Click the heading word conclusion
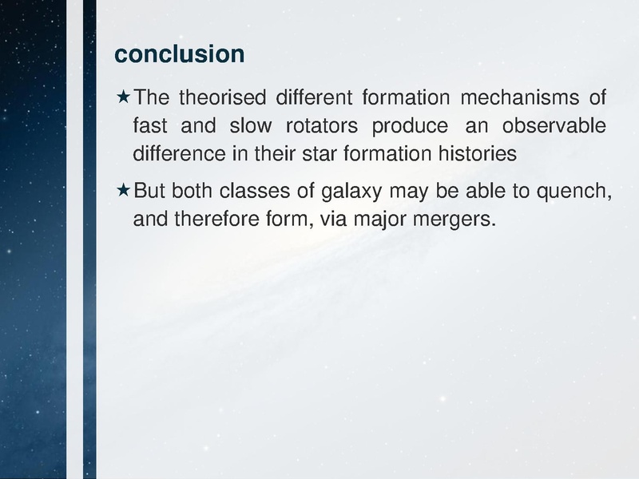[179, 53]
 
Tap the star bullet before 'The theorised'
[123, 98]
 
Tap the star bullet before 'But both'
[123, 191]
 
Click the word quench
[569, 192]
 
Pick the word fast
[149, 126]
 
